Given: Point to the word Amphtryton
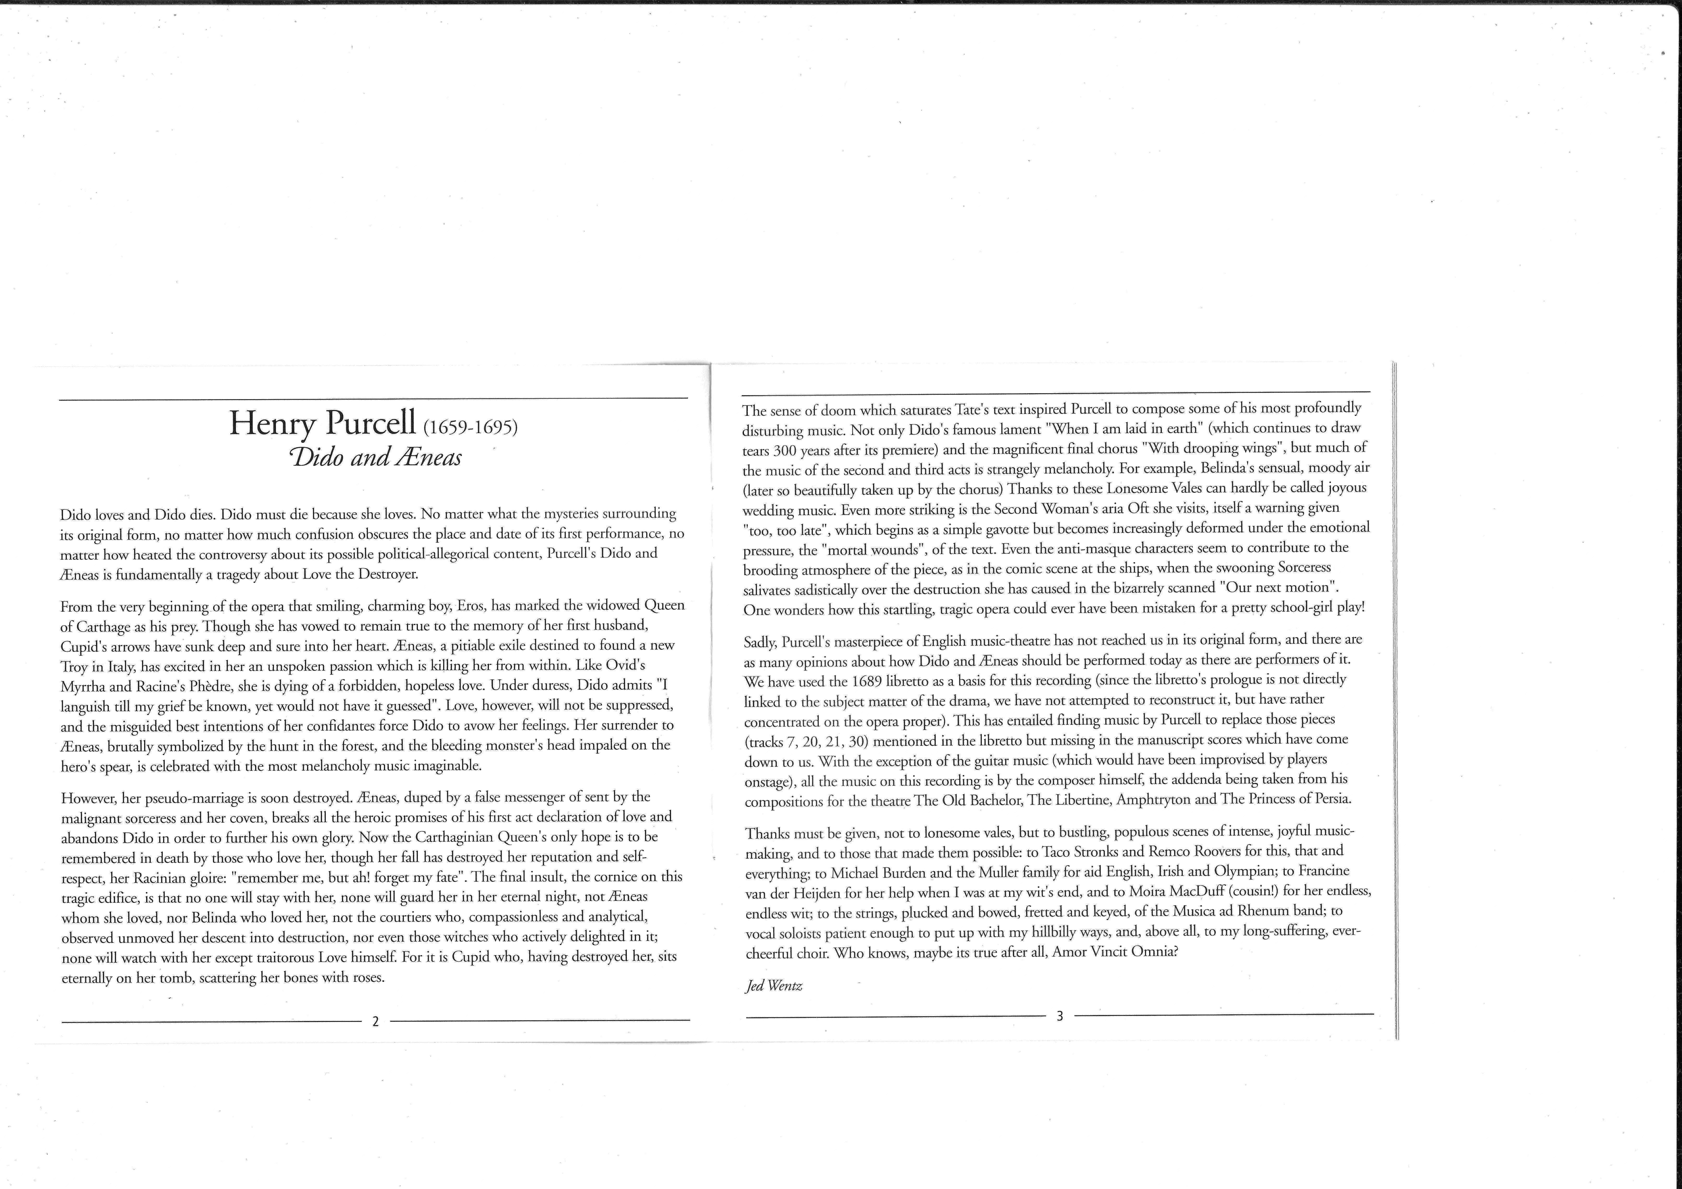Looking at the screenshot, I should point(1153,799).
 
